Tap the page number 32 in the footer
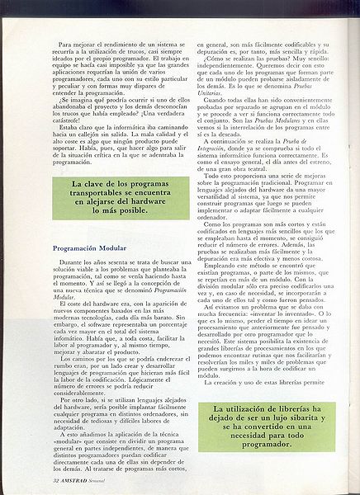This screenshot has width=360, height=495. tap(31, 478)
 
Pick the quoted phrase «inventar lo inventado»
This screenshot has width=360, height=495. tap(287, 313)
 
